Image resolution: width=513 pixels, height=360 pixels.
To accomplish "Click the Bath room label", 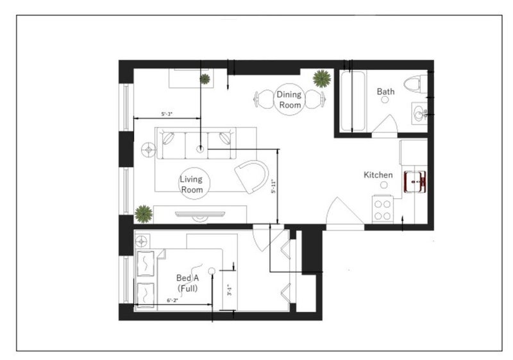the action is tap(385, 91).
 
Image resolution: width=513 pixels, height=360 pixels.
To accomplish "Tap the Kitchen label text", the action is tap(378, 175).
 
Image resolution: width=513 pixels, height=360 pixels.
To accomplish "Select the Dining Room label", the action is tap(289, 99).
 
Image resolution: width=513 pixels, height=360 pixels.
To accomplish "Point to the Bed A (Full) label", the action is tap(187, 283).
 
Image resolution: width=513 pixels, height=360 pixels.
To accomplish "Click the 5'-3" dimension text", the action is tap(167, 114).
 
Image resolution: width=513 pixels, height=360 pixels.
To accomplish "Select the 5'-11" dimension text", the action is tap(274, 186).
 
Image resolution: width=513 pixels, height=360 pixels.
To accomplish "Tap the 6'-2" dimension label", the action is tap(172, 300).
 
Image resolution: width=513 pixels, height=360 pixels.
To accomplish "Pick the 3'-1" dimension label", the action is tap(230, 290).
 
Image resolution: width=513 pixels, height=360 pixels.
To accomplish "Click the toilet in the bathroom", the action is tap(416, 84).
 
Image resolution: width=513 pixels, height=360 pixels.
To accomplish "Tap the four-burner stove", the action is tap(382, 209).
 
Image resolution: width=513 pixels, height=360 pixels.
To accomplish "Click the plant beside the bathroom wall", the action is tap(322, 78).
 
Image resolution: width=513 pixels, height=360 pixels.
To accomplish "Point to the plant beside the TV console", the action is tap(143, 214).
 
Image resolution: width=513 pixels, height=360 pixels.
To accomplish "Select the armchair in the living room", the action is tap(252, 176).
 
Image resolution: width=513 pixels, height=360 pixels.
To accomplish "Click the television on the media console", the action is tap(200, 214).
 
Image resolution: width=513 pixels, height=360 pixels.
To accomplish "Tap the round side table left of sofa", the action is tap(149, 150).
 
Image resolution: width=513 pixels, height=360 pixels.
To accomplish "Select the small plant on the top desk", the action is tap(205, 79).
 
